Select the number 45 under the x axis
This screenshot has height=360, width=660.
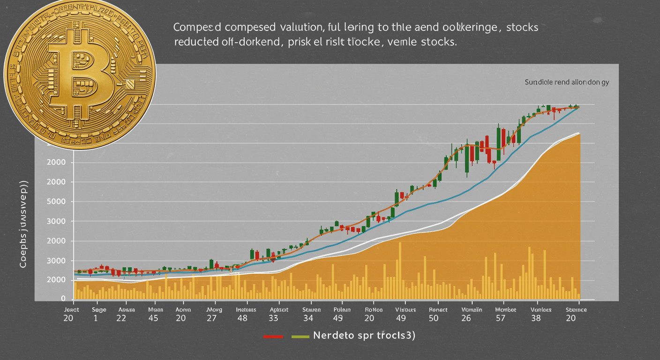[153, 318]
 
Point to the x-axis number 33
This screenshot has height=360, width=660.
[273, 318]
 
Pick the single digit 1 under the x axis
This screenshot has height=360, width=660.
[96, 318]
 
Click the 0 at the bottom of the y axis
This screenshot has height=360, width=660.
[63, 299]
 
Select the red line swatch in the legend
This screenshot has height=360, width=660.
[273, 337]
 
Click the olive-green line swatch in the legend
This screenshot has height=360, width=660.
[300, 337]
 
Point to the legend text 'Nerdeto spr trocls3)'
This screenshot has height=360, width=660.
[364, 336]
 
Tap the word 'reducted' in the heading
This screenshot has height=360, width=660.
[195, 41]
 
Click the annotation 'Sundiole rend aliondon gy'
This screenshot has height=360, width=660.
[567, 82]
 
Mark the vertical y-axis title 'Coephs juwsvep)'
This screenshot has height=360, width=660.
[22, 224]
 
